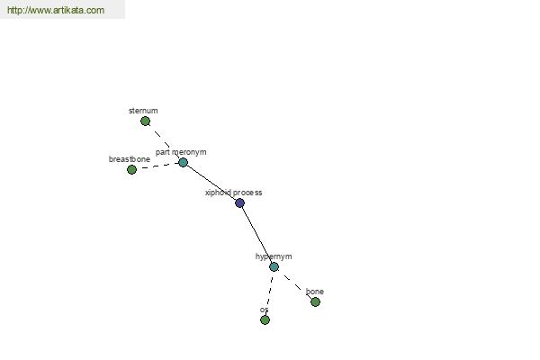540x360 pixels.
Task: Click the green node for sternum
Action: pyautogui.click(x=145, y=121)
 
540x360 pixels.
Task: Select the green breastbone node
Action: pyautogui.click(x=131, y=169)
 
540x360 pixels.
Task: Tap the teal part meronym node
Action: pyautogui.click(x=184, y=162)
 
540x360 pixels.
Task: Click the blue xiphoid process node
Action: pyautogui.click(x=239, y=202)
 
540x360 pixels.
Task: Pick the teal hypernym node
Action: pyautogui.click(x=274, y=266)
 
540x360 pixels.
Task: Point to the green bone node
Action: pyautogui.click(x=315, y=302)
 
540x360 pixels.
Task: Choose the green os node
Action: pyautogui.click(x=265, y=320)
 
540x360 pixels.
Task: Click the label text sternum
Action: pyautogui.click(x=143, y=111)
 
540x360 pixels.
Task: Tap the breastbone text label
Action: pyautogui.click(x=130, y=159)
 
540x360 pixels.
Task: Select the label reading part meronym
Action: pyautogui.click(x=181, y=152)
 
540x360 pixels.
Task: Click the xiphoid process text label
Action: pyautogui.click(x=234, y=193)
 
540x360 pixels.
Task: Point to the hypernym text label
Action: pyautogui.click(x=274, y=256)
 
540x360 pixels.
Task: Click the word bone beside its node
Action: pyautogui.click(x=315, y=292)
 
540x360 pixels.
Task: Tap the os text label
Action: pyautogui.click(x=264, y=310)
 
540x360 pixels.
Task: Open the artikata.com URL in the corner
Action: pyautogui.click(x=56, y=10)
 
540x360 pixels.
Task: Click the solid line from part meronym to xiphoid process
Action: pyautogui.click(x=211, y=183)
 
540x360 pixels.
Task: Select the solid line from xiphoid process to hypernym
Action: pyautogui.click(x=256, y=235)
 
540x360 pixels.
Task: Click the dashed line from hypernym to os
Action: pyautogui.click(x=269, y=293)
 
